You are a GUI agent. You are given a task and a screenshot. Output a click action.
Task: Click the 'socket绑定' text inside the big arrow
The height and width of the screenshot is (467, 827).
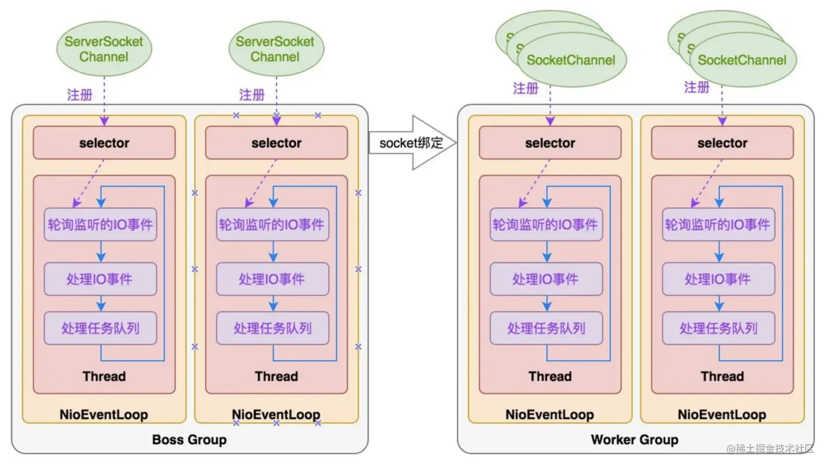tap(411, 143)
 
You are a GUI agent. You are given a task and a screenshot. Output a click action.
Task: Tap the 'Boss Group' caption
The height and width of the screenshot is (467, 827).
tap(189, 440)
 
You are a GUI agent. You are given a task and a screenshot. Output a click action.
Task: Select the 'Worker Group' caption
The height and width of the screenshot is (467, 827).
tap(634, 440)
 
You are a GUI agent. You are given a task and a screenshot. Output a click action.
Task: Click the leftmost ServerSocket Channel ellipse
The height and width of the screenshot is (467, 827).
tap(104, 49)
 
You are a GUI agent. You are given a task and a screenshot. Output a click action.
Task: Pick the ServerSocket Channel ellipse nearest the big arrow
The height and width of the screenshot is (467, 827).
tap(276, 49)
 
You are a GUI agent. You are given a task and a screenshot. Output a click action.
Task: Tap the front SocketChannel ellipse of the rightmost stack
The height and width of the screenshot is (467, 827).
tap(742, 60)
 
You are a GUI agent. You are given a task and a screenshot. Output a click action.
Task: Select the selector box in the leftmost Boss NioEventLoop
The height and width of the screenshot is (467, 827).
tap(104, 143)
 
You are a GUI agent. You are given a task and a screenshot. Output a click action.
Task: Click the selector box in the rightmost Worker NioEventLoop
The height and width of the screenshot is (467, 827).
tap(722, 143)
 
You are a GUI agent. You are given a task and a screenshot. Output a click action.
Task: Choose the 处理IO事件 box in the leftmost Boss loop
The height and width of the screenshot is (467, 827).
tap(100, 279)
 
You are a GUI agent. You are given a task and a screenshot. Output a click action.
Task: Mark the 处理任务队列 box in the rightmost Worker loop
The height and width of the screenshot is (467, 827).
tap(718, 328)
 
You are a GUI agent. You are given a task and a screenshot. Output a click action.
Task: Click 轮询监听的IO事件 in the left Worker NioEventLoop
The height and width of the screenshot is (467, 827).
tap(546, 224)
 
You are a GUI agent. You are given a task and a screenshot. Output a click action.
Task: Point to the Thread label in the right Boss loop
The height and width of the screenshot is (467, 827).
tap(276, 376)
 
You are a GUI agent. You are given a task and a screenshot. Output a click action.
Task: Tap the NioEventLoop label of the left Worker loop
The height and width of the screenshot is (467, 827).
tap(550, 415)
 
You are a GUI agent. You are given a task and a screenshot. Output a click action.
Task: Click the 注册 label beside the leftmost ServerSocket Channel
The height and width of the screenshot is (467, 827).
tap(80, 95)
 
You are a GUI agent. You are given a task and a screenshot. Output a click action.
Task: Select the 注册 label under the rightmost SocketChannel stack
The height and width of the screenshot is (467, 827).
tap(697, 87)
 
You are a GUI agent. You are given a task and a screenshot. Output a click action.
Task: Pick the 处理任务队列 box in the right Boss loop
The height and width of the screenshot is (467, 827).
tap(272, 328)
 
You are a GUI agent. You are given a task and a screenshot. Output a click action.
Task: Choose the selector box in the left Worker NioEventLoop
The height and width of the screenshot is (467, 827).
tap(550, 143)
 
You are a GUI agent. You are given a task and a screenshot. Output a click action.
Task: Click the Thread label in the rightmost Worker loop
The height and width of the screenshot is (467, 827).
tap(722, 376)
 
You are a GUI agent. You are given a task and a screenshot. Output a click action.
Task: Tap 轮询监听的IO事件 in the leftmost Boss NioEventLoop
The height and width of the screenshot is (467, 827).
tap(100, 224)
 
